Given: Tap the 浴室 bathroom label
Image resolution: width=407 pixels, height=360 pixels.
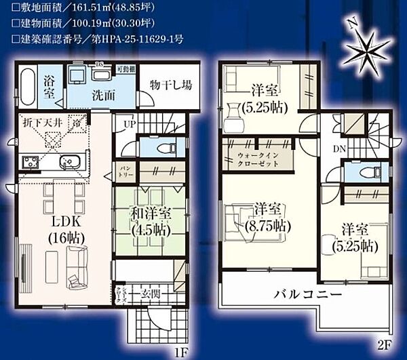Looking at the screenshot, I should coord(49,86).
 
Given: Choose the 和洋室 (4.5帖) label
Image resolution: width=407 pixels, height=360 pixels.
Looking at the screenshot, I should coord(150,222).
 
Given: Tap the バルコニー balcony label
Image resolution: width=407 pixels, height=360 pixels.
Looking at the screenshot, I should coord(307,296).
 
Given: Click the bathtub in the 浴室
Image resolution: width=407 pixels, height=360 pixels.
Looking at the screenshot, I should coord(25,86).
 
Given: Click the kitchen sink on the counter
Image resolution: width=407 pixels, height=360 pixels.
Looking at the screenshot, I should coord(68,163).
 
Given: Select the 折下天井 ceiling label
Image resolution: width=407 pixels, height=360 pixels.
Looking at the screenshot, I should coord(42,123).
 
